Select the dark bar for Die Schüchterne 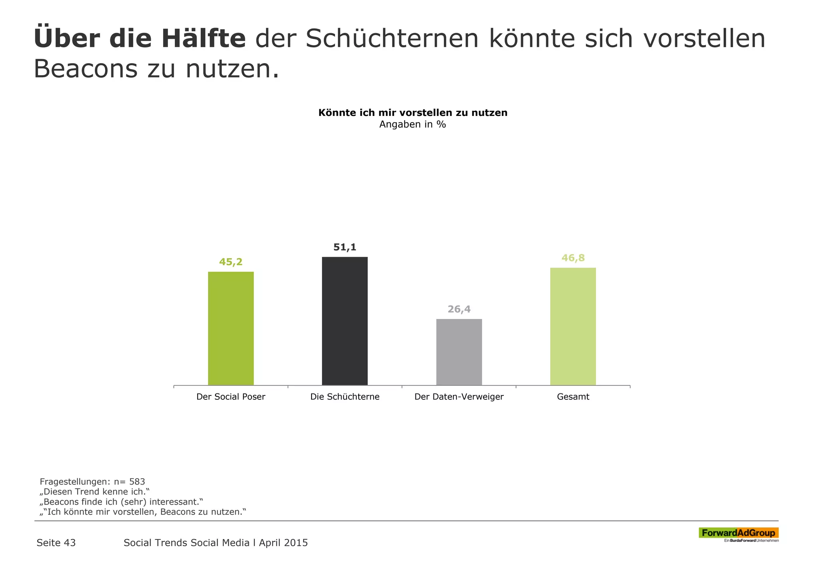(345, 321)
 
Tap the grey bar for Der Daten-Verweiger (459, 352)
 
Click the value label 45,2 (231, 262)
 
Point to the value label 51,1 (345, 248)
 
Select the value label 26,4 (459, 309)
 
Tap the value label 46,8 (573, 258)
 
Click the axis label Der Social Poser (231, 397)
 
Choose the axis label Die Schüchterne (345, 397)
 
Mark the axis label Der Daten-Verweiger (459, 397)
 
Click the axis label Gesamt (573, 397)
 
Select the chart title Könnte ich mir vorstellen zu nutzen (413, 113)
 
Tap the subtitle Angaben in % (413, 124)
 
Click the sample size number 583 (137, 481)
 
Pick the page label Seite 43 (56, 543)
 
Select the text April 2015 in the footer (283, 543)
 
